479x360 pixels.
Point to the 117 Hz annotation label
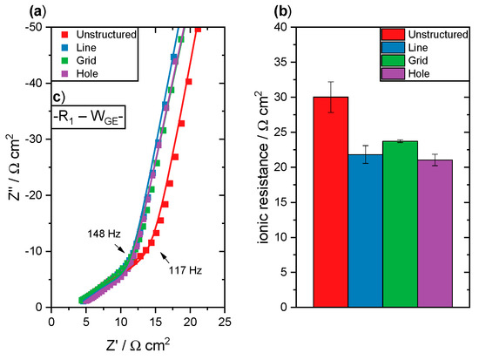pos(182,269)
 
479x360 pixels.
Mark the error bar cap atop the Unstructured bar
pos(331,82)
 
